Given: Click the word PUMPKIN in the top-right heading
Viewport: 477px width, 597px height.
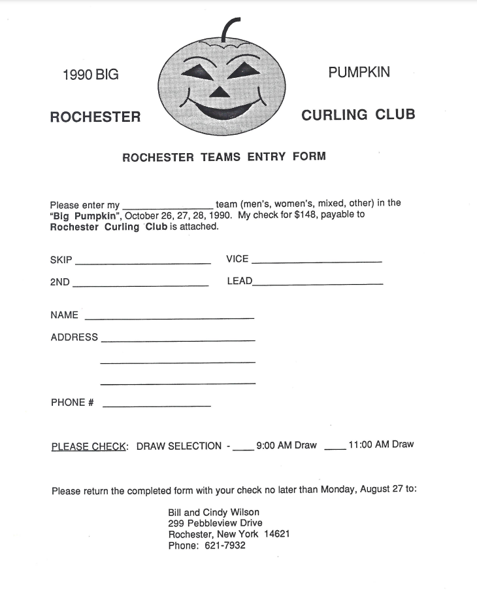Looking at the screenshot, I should (x=359, y=72).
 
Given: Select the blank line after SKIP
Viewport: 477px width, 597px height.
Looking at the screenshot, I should (x=143, y=263).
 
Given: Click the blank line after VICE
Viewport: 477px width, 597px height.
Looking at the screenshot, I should (x=316, y=262).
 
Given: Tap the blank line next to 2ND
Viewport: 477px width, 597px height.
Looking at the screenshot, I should (x=140, y=285).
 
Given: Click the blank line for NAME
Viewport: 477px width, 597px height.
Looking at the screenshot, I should (x=169, y=318).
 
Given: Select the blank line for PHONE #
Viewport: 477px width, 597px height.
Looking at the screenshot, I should (x=157, y=407).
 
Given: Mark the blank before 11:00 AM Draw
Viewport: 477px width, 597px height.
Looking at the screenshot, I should (x=335, y=448).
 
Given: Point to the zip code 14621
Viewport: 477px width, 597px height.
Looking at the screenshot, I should (x=277, y=534).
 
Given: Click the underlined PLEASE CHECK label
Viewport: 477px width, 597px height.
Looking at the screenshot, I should (x=89, y=446).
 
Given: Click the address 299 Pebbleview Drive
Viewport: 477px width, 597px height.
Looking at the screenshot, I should (x=215, y=523).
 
